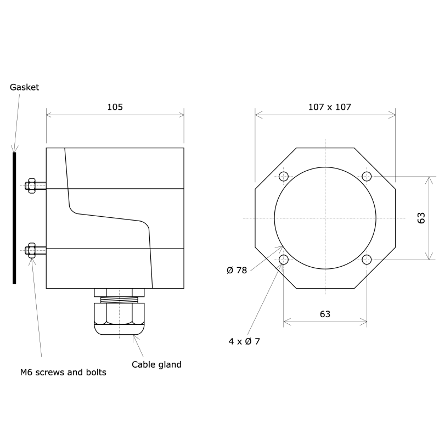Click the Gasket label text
coord(25,87)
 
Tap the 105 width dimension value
coord(115,107)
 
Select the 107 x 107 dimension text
coord(325,107)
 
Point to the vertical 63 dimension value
coord(421,218)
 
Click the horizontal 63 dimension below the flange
coord(325,314)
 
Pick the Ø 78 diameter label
coord(237,270)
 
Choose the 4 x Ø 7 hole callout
coord(244,341)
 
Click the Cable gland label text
coord(156,364)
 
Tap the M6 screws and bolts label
coord(63,372)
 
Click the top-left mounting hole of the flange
coord(284,176)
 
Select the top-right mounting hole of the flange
coord(367,176)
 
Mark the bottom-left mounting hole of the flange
coord(284,260)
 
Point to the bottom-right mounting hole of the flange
coord(367,260)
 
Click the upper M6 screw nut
coord(31,185)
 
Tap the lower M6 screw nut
coord(31,251)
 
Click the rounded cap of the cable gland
coord(119,329)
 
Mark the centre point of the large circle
coord(325,218)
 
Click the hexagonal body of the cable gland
coord(119,314)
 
